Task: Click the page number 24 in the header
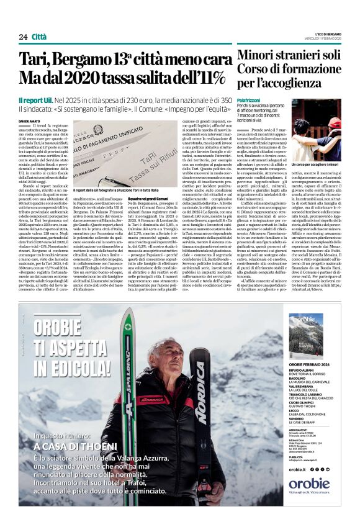[x=23, y=37]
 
